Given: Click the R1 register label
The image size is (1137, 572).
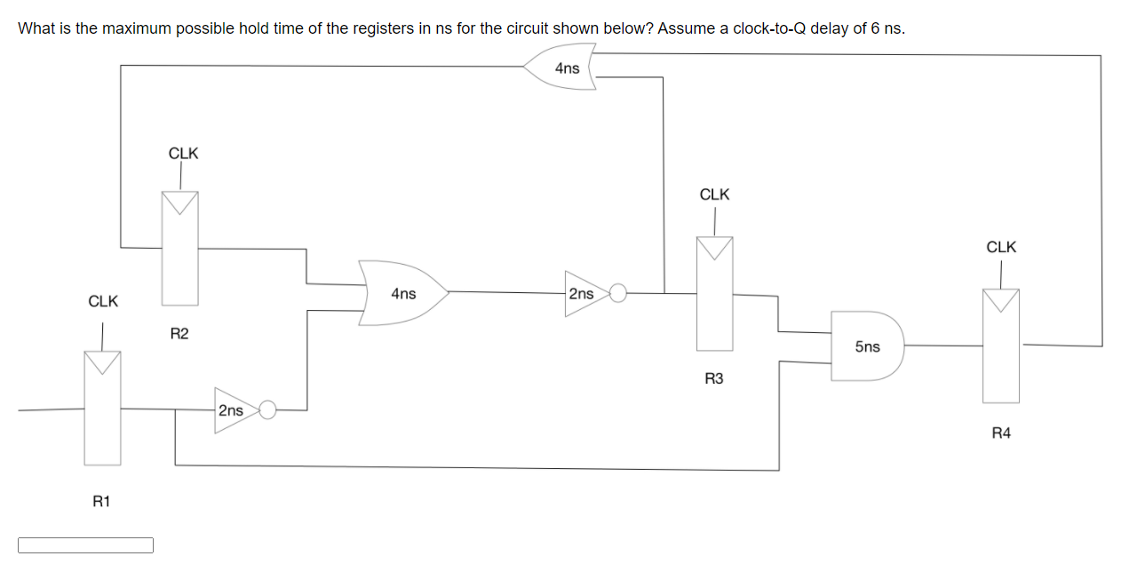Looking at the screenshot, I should point(101,502).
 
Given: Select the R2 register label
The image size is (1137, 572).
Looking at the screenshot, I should point(179,334).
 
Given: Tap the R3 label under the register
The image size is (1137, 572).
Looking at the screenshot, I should point(714,379).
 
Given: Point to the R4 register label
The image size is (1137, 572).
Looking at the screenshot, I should point(1001,433).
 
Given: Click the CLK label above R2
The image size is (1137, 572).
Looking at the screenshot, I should point(184,153).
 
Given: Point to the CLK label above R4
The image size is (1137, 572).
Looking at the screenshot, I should point(1001,247).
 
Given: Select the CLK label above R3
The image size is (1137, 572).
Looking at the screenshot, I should point(714,194).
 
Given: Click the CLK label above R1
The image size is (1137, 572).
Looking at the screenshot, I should point(103,301).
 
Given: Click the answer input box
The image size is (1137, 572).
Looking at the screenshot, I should point(85,544).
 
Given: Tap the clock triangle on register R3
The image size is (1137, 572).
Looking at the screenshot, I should point(714,248).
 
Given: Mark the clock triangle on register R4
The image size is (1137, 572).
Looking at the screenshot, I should point(1001,300).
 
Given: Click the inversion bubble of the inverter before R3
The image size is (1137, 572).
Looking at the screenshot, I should point(619,292).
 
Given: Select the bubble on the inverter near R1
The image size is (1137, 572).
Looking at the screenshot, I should point(267,409).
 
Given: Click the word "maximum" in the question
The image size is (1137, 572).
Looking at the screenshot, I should point(137,28).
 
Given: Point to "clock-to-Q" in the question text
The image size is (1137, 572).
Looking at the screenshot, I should point(771,28).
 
